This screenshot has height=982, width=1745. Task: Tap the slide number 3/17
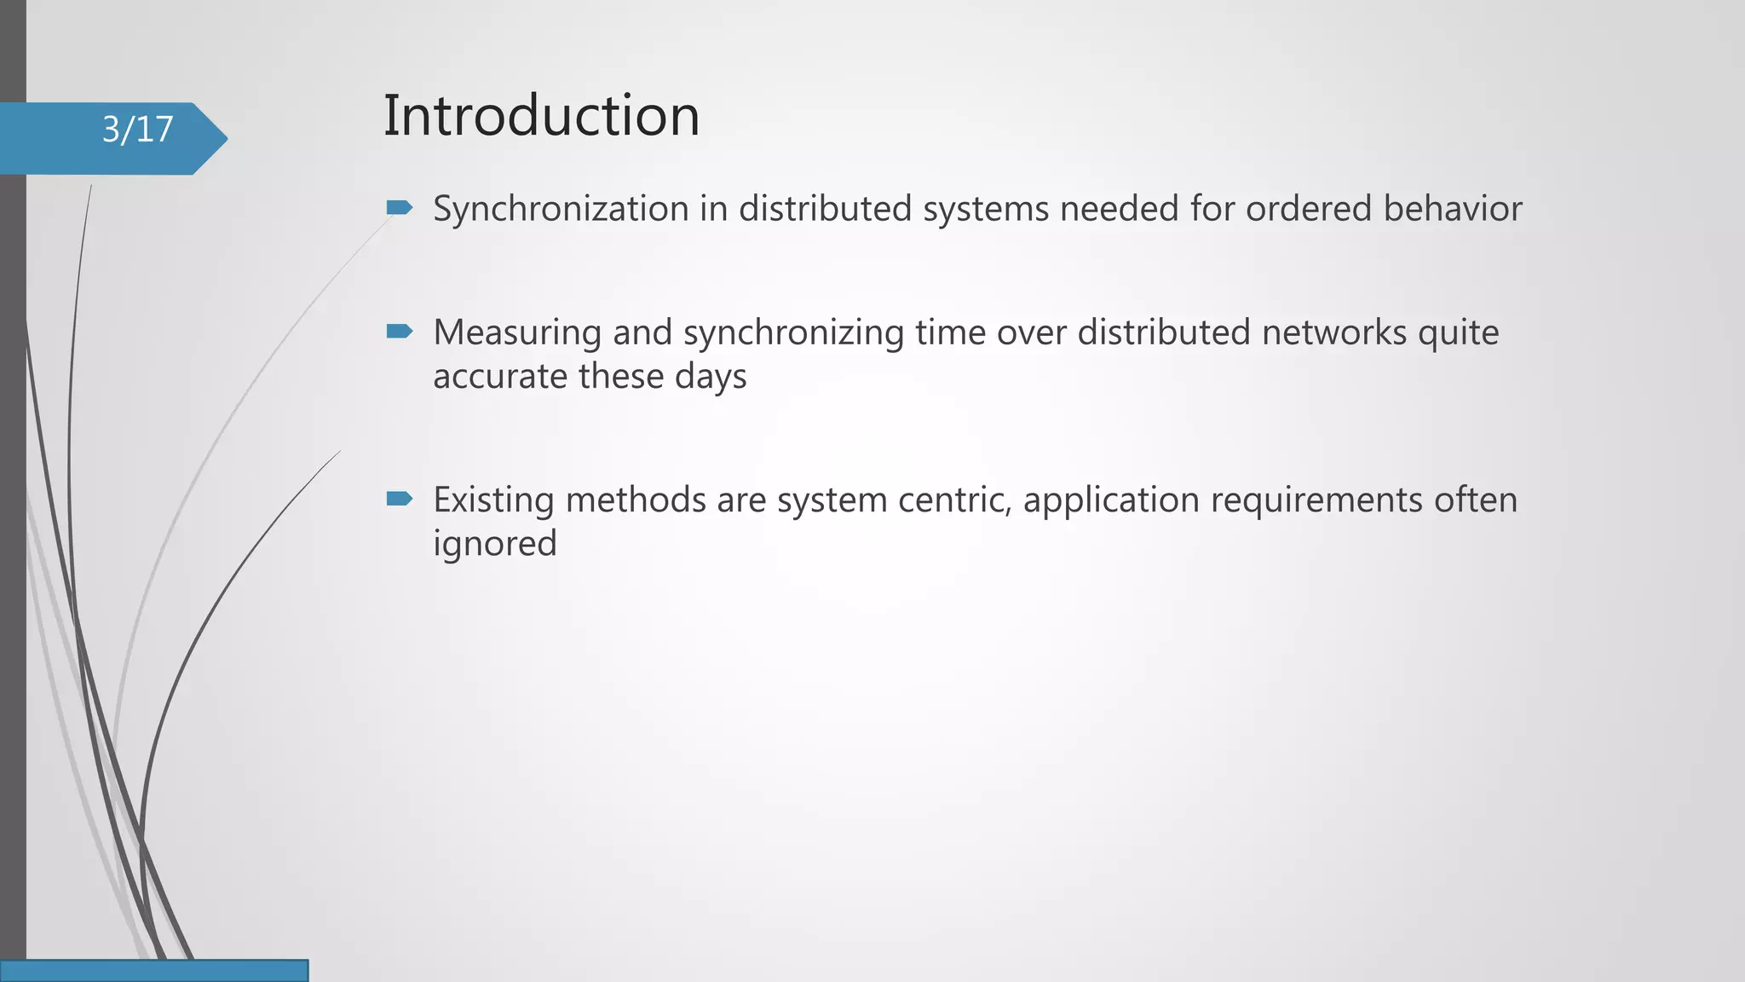click(x=137, y=130)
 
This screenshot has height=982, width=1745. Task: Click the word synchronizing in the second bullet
click(x=793, y=333)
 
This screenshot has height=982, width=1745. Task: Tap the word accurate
click(x=500, y=376)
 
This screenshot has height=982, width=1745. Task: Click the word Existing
click(x=493, y=500)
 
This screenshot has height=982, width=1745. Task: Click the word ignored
click(x=494, y=544)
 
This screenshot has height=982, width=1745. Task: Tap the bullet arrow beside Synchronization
click(x=399, y=207)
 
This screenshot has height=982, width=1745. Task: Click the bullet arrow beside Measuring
click(x=399, y=331)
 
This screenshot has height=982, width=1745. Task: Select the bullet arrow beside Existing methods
click(x=399, y=498)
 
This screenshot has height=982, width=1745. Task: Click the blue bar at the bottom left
click(x=153, y=970)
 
